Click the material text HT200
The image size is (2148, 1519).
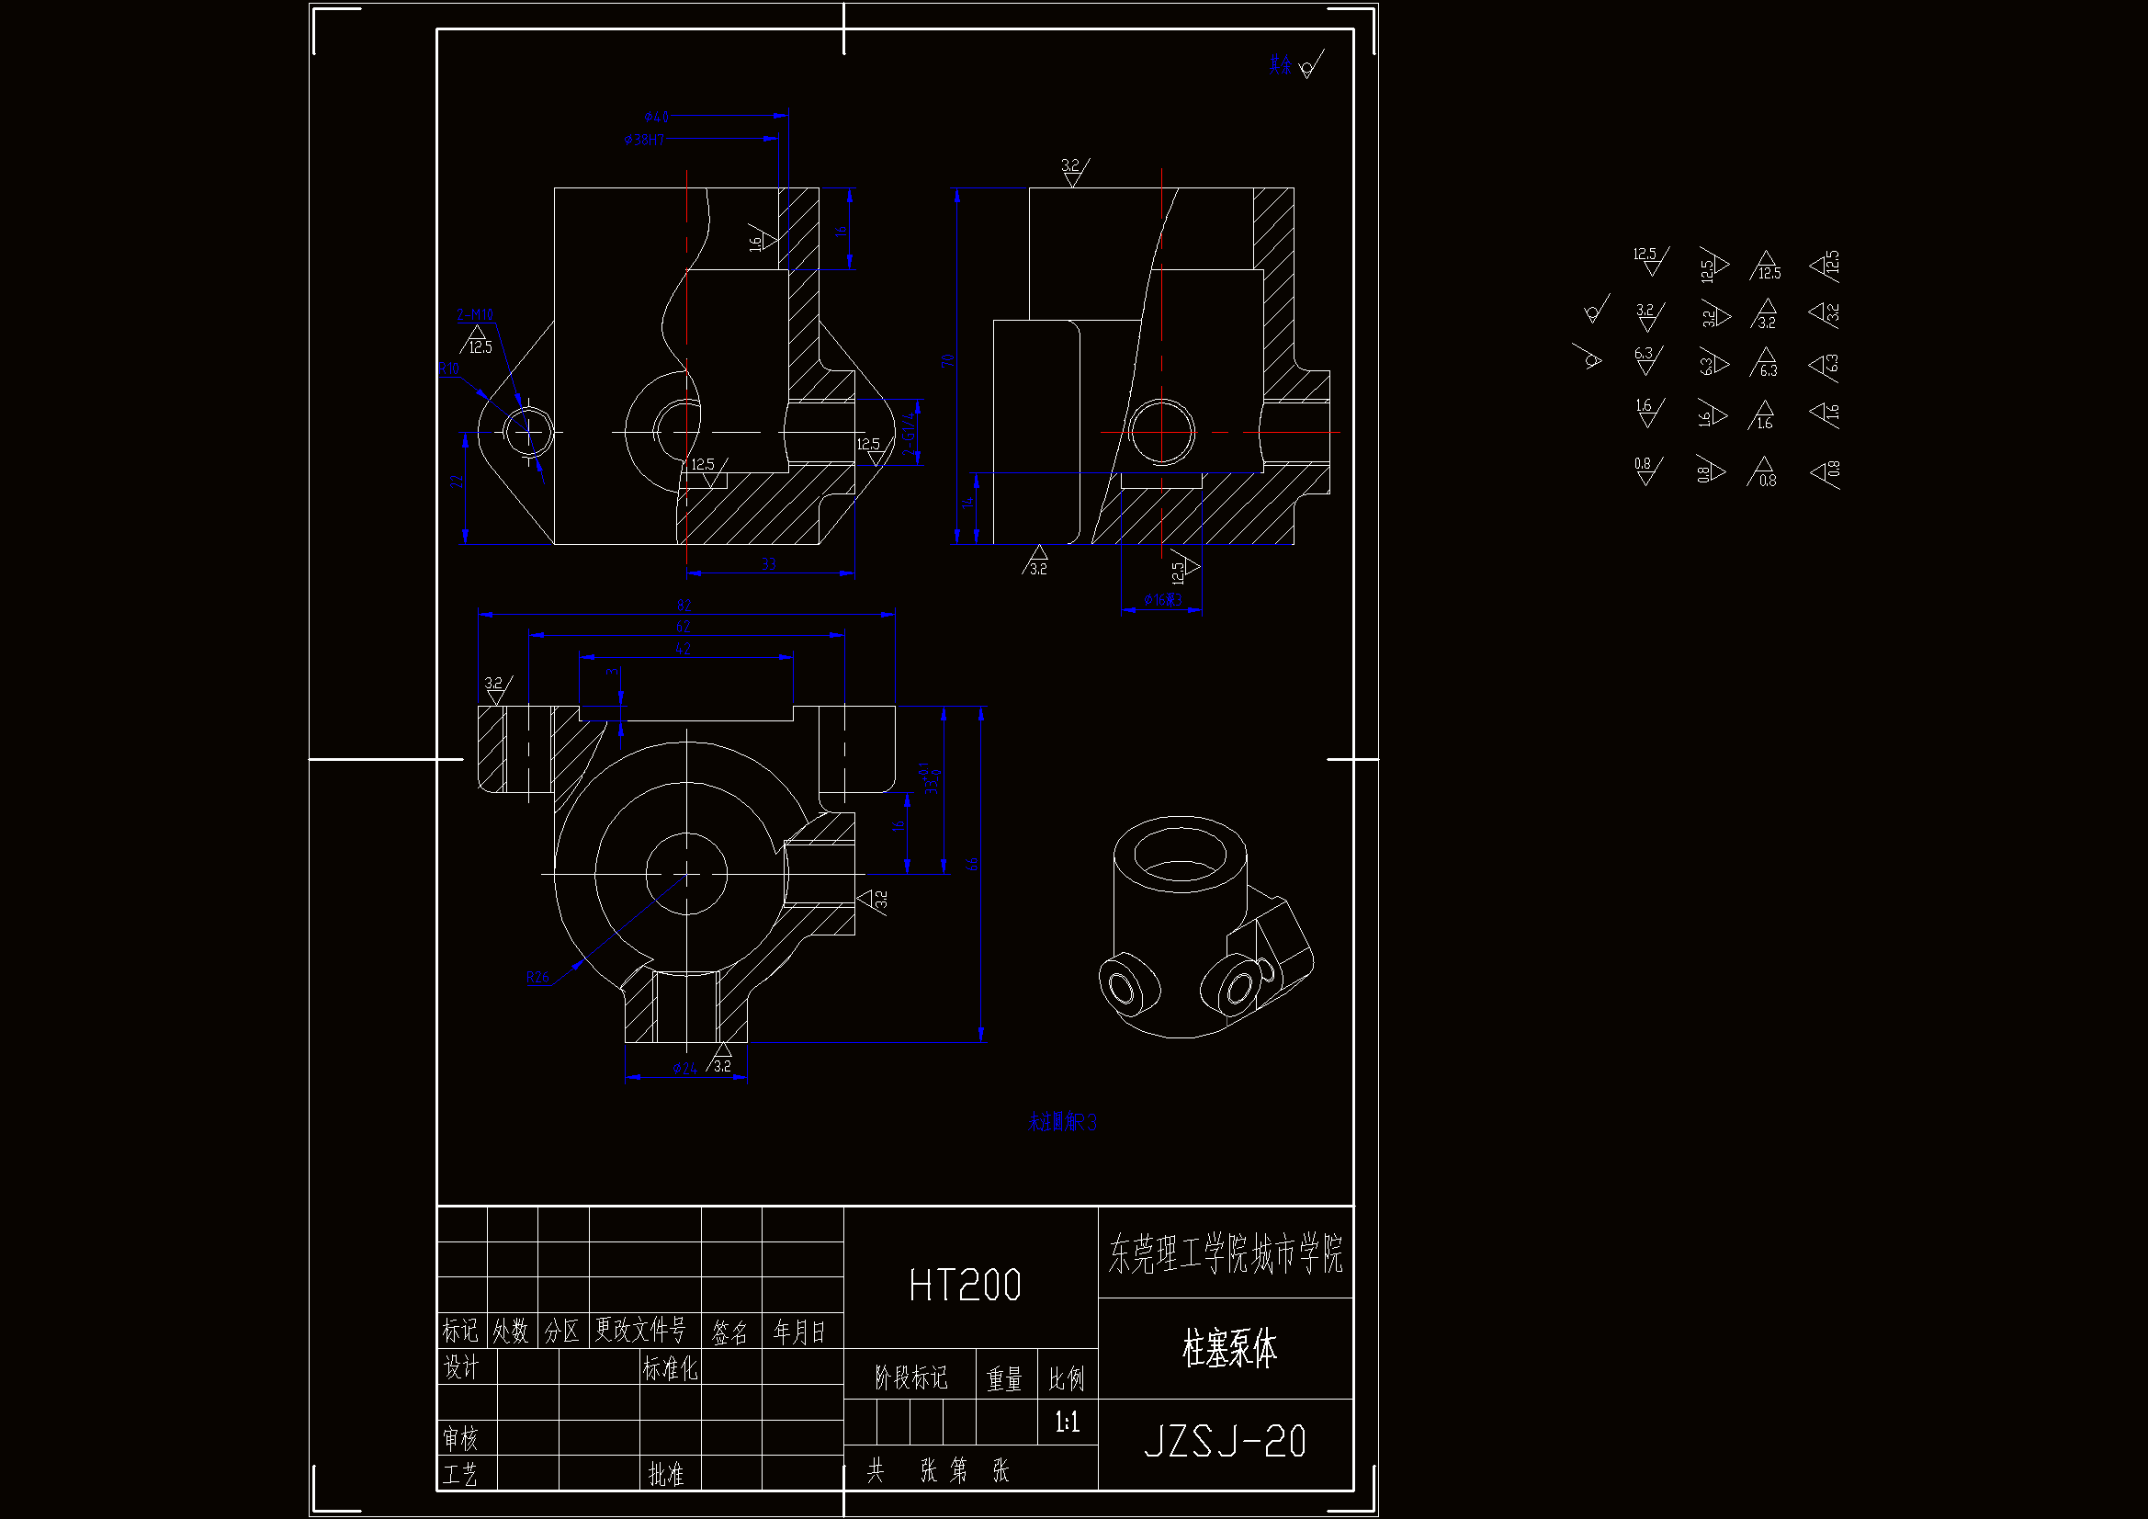click(965, 1285)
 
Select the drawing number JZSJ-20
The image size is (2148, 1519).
click(1225, 1441)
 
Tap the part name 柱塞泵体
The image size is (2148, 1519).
click(1228, 1349)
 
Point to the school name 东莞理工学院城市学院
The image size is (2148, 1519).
click(1226, 1253)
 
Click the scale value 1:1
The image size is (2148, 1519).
click(1067, 1423)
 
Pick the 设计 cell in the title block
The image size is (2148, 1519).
click(460, 1367)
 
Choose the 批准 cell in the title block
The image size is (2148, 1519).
click(666, 1474)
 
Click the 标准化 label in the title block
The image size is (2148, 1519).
click(670, 1368)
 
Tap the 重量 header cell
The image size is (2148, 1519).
click(1005, 1378)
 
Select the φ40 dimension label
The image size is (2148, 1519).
click(656, 117)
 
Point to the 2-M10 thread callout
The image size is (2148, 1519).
click(474, 314)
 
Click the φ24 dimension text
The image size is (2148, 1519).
click(684, 1068)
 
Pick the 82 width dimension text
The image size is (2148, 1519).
click(684, 606)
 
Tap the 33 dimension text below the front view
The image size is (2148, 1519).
click(768, 564)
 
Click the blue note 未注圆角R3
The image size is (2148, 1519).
click(1062, 1122)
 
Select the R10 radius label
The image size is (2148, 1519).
click(449, 368)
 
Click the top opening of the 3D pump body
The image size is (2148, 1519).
click(1179, 854)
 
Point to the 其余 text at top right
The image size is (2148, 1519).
click(1280, 64)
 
